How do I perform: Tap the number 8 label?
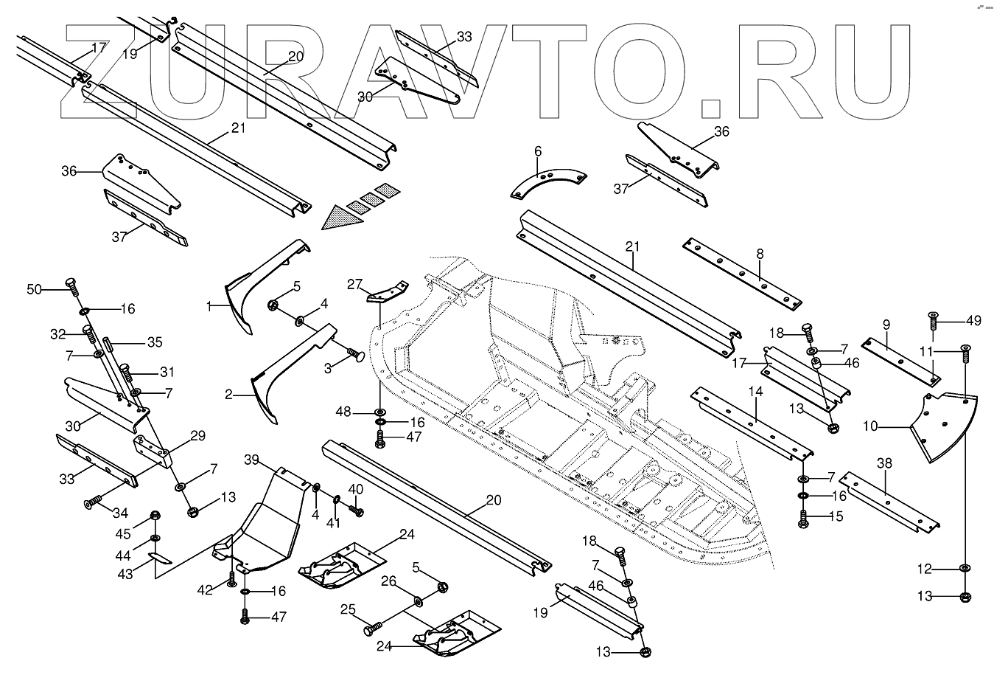click(759, 255)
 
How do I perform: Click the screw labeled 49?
click(934, 322)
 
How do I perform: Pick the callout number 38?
click(884, 464)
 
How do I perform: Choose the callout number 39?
click(252, 460)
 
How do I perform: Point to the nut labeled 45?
click(155, 516)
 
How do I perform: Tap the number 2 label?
click(229, 395)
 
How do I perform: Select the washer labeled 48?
click(380, 410)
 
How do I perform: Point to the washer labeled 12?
click(965, 568)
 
